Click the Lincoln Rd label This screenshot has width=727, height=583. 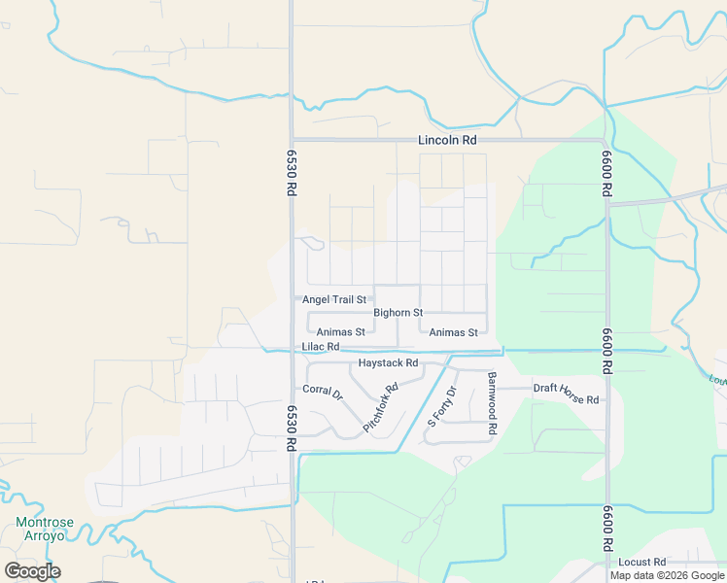click(x=447, y=140)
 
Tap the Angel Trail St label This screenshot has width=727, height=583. click(x=334, y=300)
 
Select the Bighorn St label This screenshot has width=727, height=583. click(x=398, y=313)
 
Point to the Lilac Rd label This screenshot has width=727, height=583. click(x=320, y=347)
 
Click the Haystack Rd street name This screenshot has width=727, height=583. click(x=388, y=362)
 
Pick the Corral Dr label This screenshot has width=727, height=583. click(x=323, y=390)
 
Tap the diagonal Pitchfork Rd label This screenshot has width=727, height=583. click(x=381, y=408)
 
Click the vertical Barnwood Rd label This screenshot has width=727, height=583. click(x=493, y=402)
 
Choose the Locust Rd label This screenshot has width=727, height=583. click(x=641, y=562)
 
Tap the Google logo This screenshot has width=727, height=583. click(x=32, y=571)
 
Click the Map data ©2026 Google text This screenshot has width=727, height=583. click(x=668, y=575)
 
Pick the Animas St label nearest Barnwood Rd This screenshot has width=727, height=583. click(x=454, y=331)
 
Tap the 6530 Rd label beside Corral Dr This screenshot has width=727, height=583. click(x=291, y=428)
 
